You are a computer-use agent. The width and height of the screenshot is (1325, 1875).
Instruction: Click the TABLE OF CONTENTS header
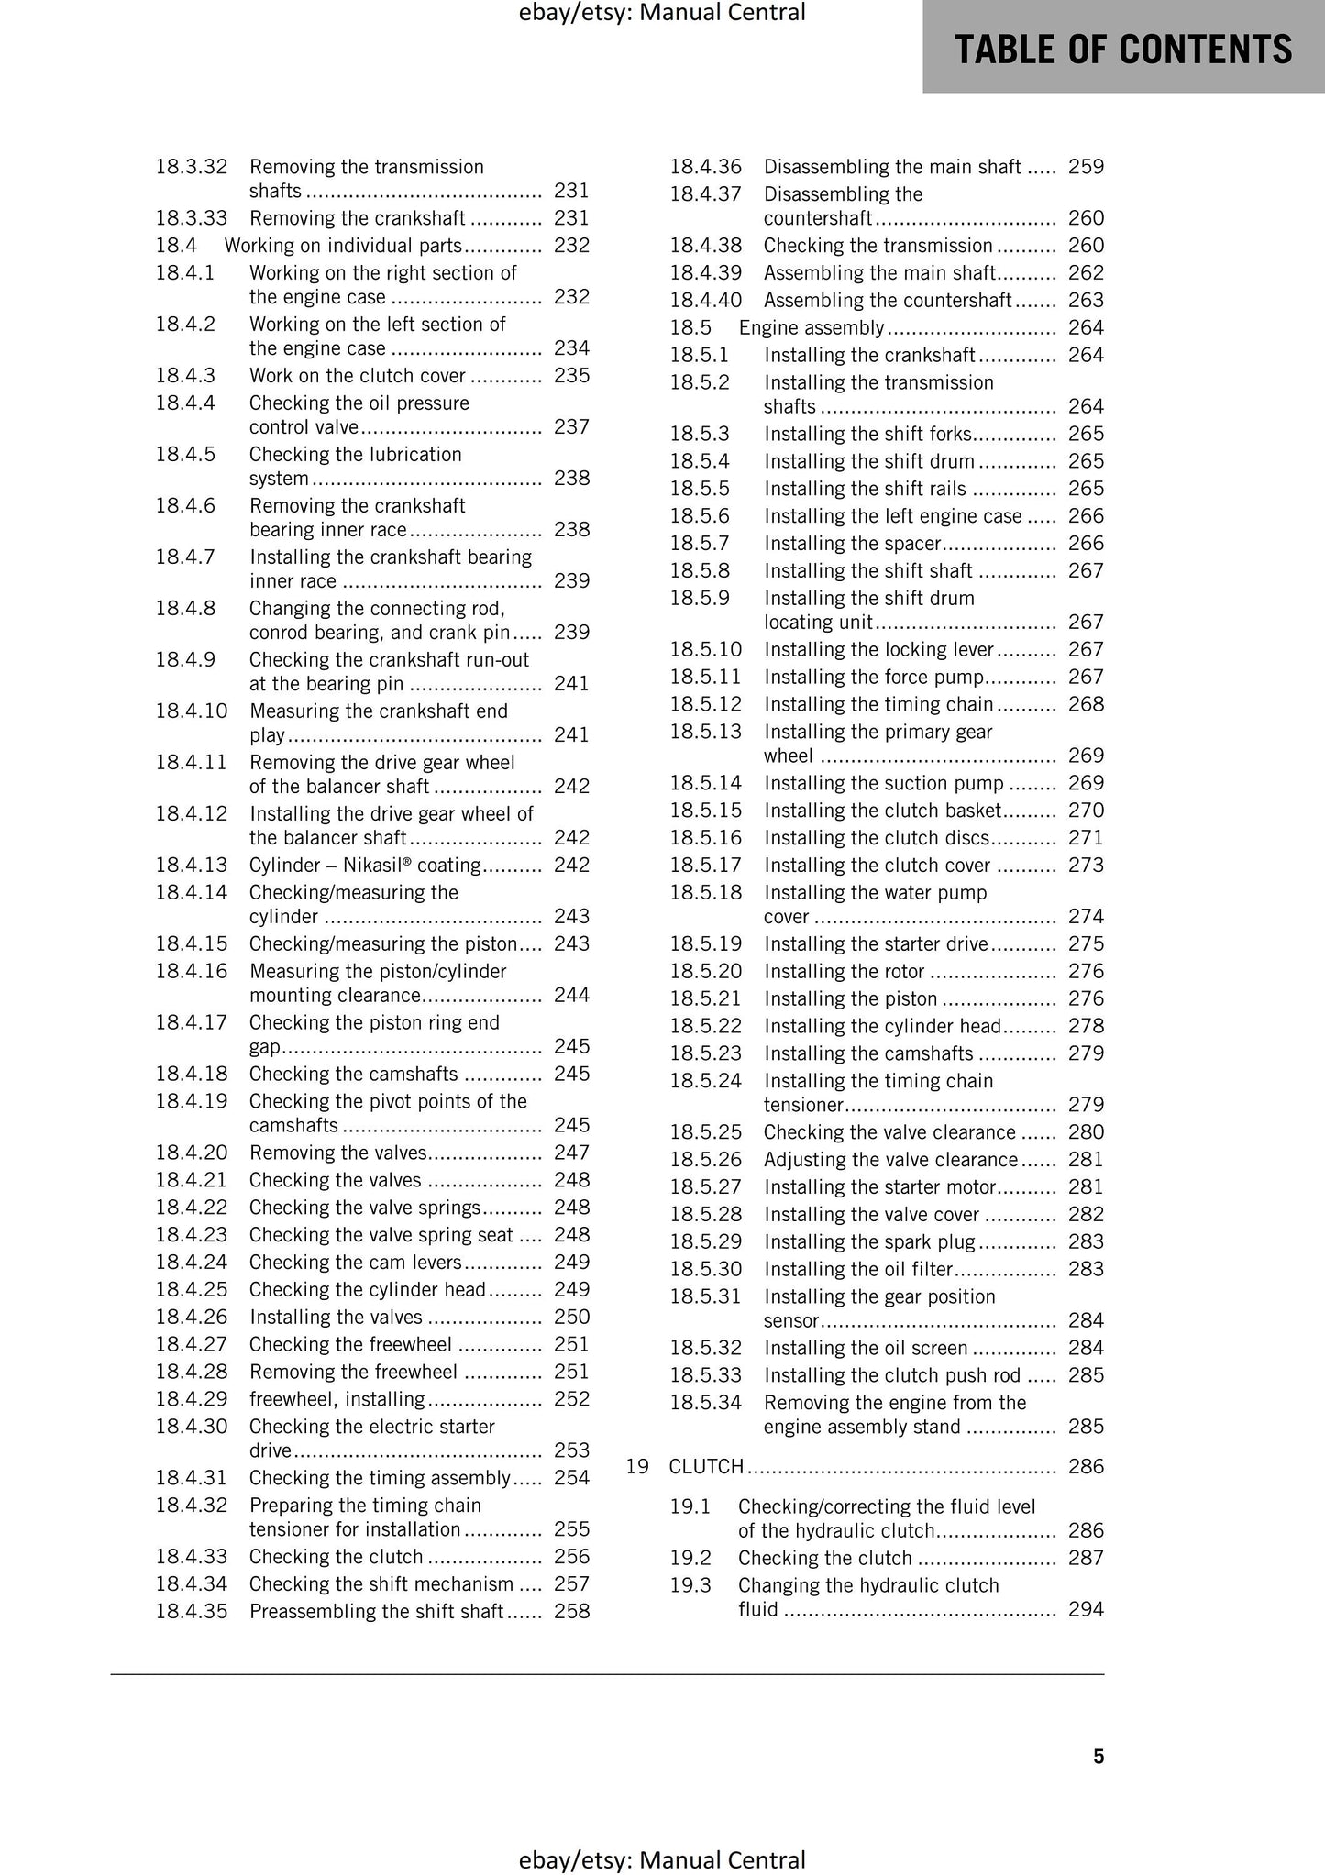point(1123,49)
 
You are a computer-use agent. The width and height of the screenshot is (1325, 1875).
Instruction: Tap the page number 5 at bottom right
point(1099,1756)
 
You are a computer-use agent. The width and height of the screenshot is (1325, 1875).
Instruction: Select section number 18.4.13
point(191,865)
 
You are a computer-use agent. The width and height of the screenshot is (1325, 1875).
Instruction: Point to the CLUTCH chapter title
point(706,1466)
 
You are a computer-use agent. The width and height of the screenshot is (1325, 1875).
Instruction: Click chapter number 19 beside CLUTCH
point(637,1466)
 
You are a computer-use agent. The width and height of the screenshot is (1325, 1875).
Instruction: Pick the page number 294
point(1086,1609)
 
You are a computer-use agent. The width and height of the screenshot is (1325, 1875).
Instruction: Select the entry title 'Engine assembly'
point(812,327)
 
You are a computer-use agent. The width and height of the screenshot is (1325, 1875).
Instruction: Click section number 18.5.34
point(705,1402)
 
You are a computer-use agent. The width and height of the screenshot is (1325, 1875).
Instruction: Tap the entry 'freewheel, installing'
point(337,1398)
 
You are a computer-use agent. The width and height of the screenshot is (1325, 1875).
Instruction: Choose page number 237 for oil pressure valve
point(571,426)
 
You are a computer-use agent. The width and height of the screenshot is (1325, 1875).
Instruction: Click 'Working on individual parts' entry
point(343,245)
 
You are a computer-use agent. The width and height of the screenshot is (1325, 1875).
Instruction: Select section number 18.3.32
point(191,166)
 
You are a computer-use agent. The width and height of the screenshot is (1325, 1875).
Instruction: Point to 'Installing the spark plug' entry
point(869,1241)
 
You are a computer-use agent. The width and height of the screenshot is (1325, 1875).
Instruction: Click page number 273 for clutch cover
point(1086,865)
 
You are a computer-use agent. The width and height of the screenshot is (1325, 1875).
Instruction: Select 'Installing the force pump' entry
point(874,677)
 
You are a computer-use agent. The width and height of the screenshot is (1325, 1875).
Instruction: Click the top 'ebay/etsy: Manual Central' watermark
point(661,13)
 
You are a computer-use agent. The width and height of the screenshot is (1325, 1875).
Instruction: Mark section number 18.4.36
point(705,166)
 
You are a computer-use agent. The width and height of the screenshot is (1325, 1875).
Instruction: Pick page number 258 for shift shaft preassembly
point(571,1611)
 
